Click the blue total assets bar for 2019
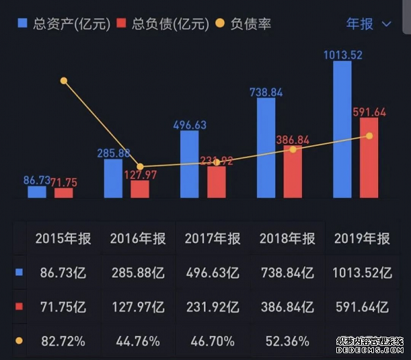(342, 130)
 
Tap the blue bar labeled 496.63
(190, 164)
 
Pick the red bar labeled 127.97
(140, 189)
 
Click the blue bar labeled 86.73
(37, 192)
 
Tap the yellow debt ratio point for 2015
(64, 81)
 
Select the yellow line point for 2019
(369, 136)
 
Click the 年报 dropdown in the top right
(369, 23)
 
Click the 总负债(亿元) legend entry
(162, 23)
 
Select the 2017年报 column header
(212, 239)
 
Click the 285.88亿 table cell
(138, 272)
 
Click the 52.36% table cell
(287, 339)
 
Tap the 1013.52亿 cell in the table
(362, 272)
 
